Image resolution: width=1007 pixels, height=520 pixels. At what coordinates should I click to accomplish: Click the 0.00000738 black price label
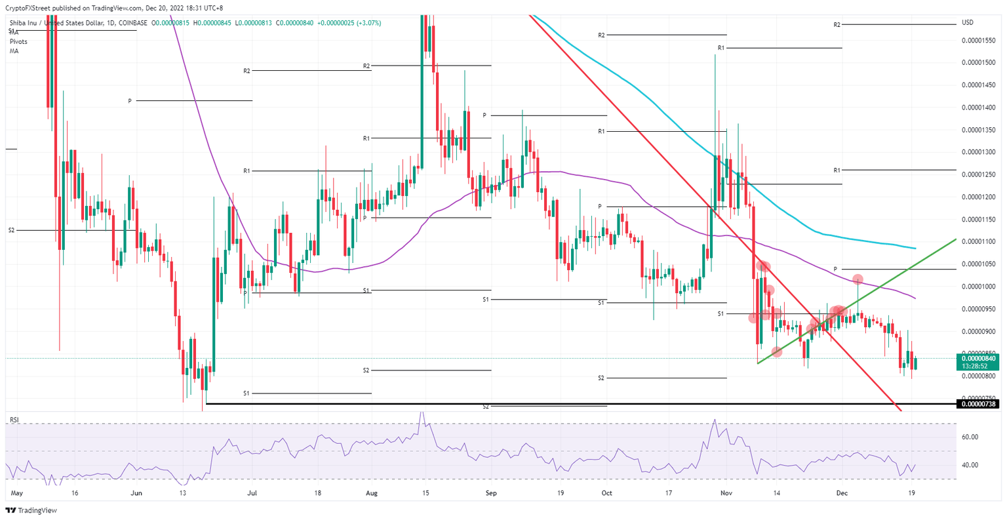[978, 404]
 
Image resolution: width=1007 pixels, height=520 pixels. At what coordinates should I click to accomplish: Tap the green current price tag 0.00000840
[978, 359]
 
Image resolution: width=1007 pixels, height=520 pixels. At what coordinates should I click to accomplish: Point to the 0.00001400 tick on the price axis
[978, 108]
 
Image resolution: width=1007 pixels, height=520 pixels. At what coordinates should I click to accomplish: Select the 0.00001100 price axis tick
[978, 242]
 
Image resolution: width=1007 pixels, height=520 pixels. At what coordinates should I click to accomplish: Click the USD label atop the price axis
[967, 23]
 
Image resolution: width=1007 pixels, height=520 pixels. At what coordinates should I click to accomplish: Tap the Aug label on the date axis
[372, 492]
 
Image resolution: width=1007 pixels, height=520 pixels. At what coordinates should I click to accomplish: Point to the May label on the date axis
[17, 492]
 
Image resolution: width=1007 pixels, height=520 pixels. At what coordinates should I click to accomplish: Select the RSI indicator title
[14, 419]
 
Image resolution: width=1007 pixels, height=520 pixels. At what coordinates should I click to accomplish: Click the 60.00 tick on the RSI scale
[970, 437]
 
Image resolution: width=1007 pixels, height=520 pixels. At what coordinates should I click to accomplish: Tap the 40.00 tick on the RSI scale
[970, 465]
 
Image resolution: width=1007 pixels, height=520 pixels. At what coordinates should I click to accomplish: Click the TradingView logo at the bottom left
[27, 510]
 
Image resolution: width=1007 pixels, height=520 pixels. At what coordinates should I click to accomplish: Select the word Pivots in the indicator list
[19, 41]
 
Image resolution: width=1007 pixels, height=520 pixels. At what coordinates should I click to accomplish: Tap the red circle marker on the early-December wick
[858, 280]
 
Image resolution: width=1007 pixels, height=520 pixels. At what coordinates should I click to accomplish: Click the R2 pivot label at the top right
[837, 25]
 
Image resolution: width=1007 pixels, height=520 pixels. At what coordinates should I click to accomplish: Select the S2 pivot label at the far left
[12, 230]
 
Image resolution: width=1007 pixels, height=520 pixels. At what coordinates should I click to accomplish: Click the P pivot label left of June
[130, 101]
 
